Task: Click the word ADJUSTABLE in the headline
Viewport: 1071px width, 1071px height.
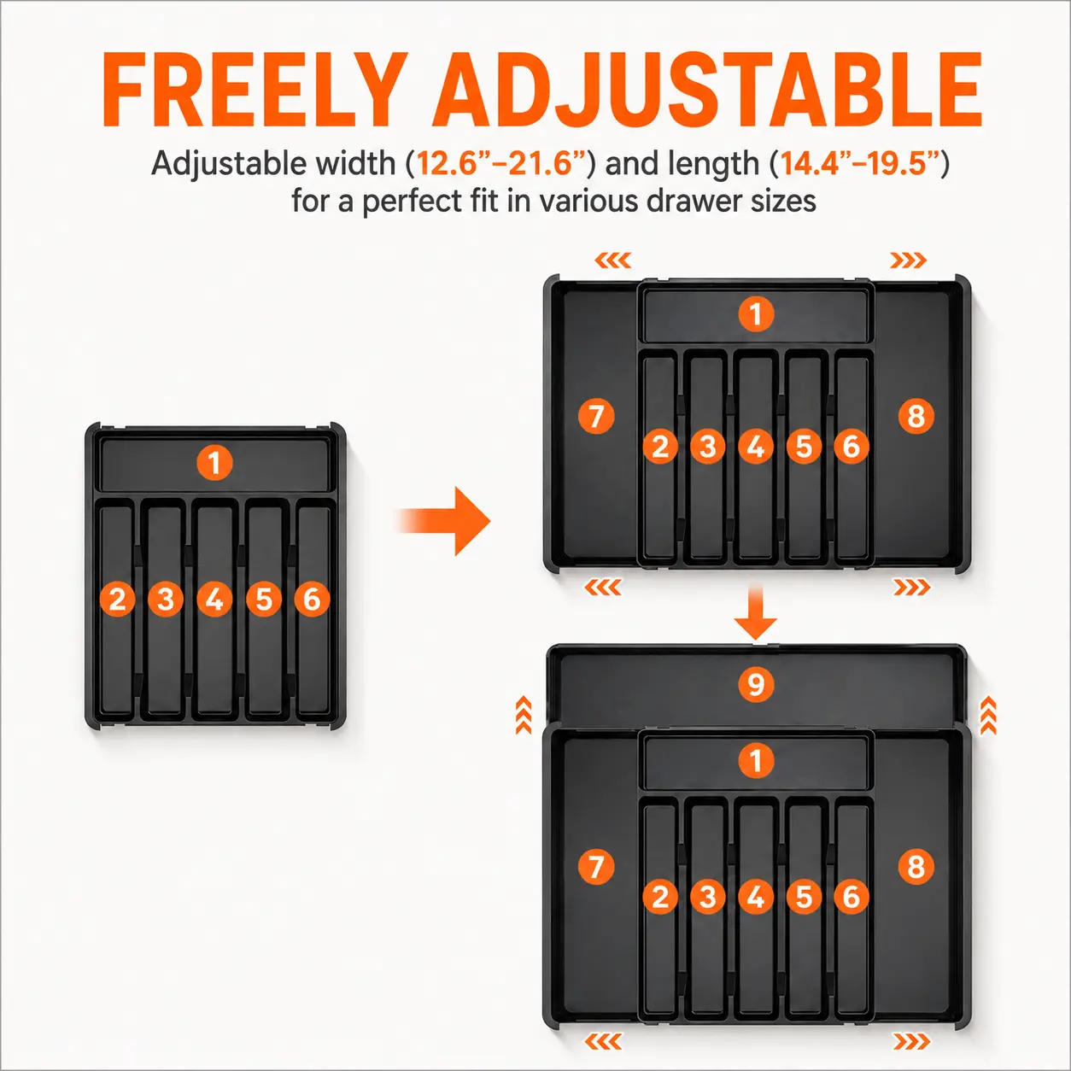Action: click(x=708, y=91)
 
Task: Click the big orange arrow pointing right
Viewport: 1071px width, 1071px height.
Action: click(x=443, y=521)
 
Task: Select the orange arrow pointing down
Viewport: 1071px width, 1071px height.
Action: click(x=755, y=612)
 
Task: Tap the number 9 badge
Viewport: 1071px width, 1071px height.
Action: click(x=756, y=684)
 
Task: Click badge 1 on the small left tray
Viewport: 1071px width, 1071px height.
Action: click(x=214, y=462)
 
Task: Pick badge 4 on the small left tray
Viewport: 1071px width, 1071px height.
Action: click(x=214, y=600)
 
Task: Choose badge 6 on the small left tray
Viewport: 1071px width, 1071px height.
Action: click(x=312, y=600)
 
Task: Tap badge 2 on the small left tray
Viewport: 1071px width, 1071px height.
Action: click(x=117, y=600)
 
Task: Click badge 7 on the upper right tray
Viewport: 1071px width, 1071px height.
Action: click(x=596, y=416)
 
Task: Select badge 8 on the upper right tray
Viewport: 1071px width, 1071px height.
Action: click(x=916, y=416)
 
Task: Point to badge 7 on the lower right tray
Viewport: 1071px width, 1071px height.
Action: click(x=596, y=867)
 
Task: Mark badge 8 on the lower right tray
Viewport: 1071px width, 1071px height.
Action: click(x=916, y=867)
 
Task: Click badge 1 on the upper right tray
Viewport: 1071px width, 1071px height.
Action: click(x=756, y=314)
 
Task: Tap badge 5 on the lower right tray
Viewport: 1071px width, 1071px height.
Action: click(x=804, y=897)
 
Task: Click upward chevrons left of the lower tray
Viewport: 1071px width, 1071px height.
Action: click(x=524, y=716)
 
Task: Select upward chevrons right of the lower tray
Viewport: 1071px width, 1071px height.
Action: click(x=987, y=716)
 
